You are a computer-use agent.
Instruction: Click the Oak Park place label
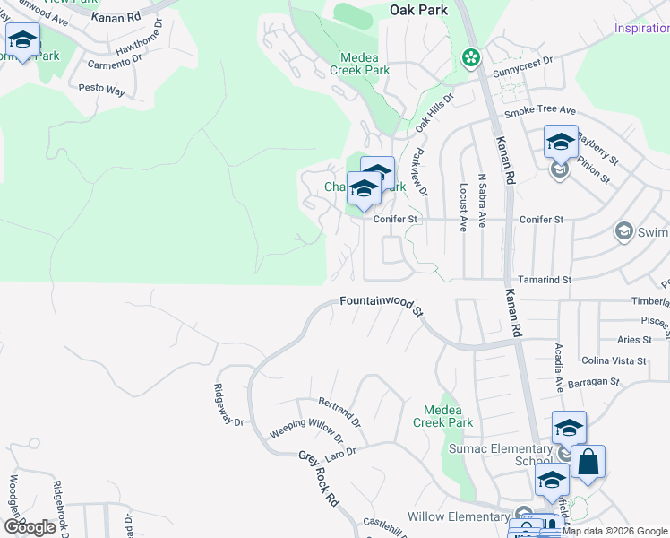[x=419, y=10]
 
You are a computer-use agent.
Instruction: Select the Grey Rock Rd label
[x=319, y=479]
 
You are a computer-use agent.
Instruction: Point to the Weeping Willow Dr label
[x=306, y=430]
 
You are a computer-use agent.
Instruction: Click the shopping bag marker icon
[x=588, y=464]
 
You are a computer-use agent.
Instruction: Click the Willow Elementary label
[x=458, y=516]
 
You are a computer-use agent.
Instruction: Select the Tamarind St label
[x=545, y=281]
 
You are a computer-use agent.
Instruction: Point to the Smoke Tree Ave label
[x=539, y=110]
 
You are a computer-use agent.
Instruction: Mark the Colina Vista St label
[x=614, y=360]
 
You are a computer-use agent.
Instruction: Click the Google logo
[x=30, y=526]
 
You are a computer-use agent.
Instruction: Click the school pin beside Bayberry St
[x=561, y=143]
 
